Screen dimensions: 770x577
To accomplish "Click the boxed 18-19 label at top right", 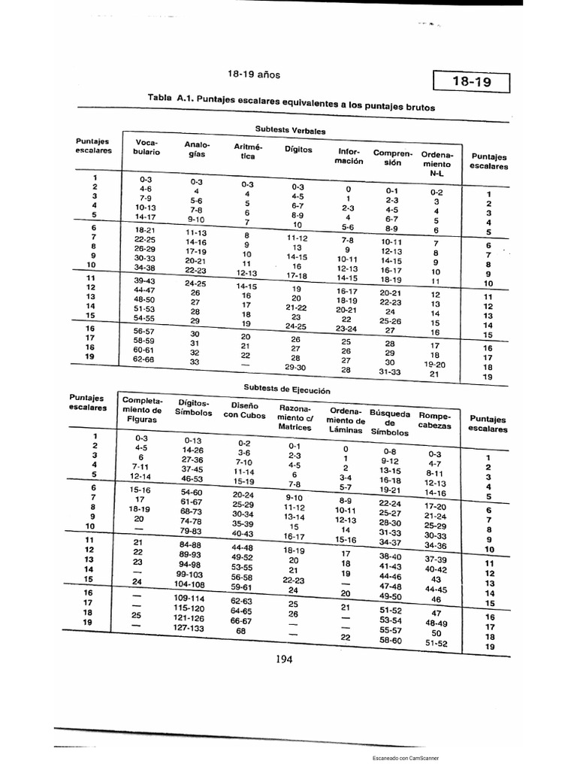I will [472, 82].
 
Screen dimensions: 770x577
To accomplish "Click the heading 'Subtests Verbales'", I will [290, 130].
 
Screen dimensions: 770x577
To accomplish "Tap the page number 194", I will [283, 659].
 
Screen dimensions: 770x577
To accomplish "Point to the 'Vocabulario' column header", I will [147, 147].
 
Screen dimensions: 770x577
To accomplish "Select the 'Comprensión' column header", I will [388, 157].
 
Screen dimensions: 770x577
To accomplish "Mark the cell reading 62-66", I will [143, 359].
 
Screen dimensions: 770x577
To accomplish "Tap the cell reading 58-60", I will [391, 640].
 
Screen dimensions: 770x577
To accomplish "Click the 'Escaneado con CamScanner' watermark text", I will [406, 759].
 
